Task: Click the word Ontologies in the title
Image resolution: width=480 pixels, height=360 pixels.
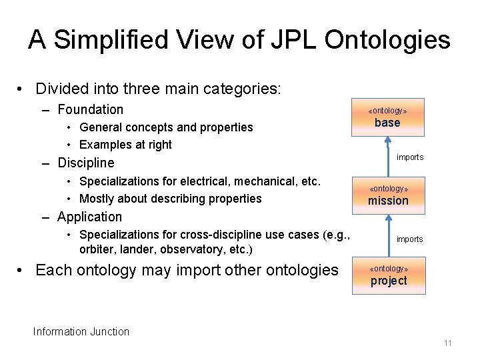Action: click(x=387, y=40)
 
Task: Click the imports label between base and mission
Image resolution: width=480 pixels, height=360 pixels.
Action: click(x=410, y=157)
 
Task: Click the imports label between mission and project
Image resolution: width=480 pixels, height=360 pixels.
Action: click(x=410, y=239)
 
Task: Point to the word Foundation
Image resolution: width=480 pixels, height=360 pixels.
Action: click(x=91, y=109)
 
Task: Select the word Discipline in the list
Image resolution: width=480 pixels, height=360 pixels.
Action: click(x=86, y=163)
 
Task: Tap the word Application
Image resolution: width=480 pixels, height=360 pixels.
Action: click(x=90, y=217)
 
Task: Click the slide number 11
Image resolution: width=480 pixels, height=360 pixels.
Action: click(x=447, y=343)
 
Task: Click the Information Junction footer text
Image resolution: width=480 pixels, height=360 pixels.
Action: click(x=81, y=331)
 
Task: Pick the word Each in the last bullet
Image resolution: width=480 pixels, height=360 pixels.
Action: click(x=52, y=270)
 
